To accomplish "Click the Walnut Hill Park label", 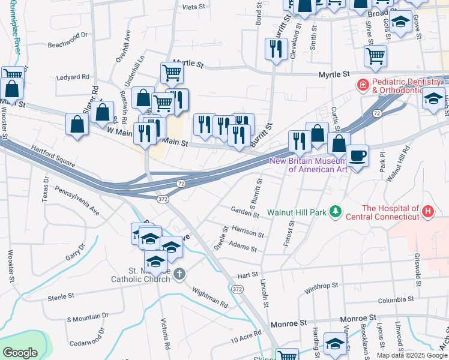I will (x=297, y=212).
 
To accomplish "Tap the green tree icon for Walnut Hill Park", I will (x=336, y=212).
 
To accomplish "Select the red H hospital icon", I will (x=427, y=211).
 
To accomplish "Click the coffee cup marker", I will (x=358, y=155).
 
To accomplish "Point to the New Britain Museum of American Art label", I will (x=309, y=165).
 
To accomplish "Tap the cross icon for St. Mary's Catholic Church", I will (x=179, y=274).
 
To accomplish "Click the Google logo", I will (x=20, y=352).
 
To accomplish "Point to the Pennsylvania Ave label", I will (x=77, y=201).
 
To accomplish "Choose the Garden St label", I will (x=244, y=211).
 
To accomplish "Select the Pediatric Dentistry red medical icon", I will (x=362, y=86).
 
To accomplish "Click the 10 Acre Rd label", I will (x=246, y=336).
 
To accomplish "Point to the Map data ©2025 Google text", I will (x=411, y=355).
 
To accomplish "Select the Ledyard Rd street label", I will (x=73, y=77).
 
